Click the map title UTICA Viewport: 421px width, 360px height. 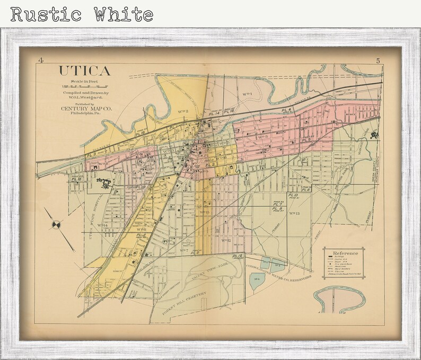[x=85, y=71]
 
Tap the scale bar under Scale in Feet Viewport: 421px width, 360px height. [x=85, y=86]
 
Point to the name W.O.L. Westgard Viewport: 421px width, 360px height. [x=87, y=98]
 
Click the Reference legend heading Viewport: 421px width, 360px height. [x=345, y=253]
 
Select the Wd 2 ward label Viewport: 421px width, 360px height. [x=184, y=111]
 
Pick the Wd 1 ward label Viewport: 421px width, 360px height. [x=247, y=94]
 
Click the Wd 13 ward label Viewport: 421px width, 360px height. [x=295, y=213]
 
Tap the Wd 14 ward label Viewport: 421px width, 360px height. [x=102, y=225]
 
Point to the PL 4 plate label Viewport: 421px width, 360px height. [x=287, y=110]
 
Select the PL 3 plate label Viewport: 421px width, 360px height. [x=91, y=154]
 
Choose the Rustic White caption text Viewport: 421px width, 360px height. [x=81, y=14]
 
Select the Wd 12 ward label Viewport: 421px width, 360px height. [x=225, y=240]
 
